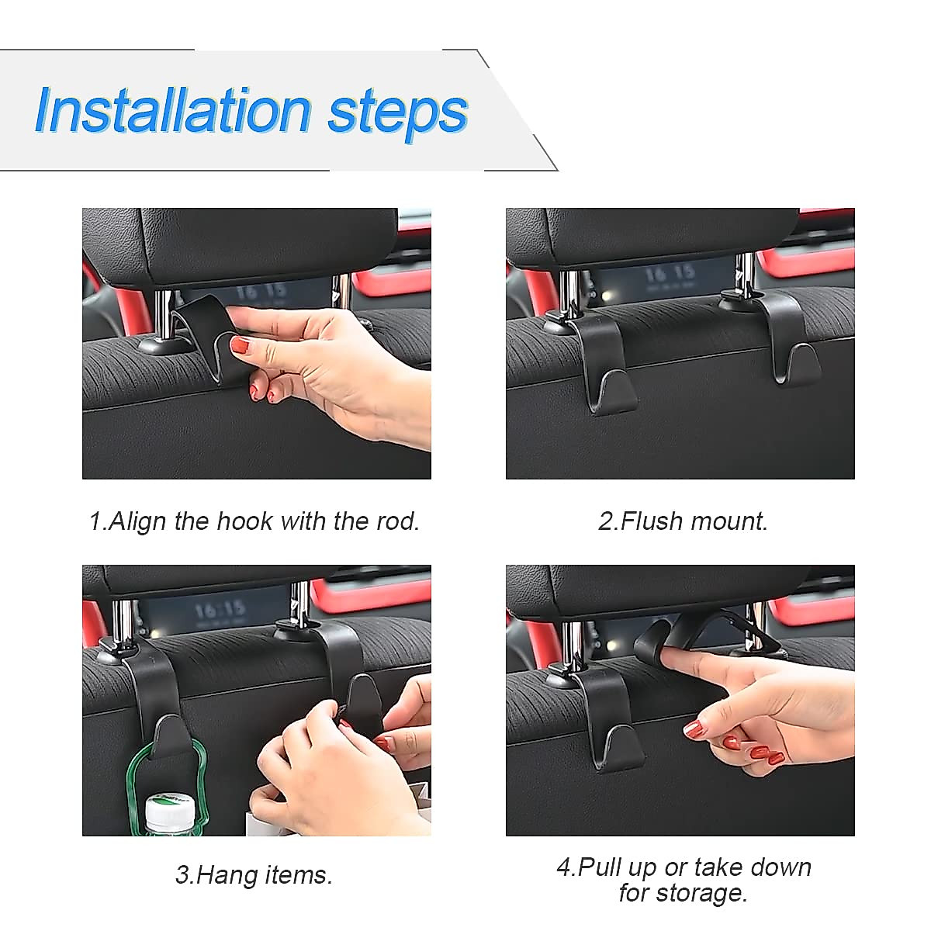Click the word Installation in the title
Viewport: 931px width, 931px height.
pyautogui.click(x=174, y=111)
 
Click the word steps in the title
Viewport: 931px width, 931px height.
pyautogui.click(x=398, y=115)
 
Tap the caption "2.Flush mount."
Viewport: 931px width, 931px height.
pyautogui.click(x=683, y=521)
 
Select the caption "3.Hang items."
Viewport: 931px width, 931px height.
pyautogui.click(x=254, y=875)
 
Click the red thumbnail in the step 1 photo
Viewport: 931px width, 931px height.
pyautogui.click(x=241, y=346)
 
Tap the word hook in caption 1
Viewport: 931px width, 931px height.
pyautogui.click(x=244, y=521)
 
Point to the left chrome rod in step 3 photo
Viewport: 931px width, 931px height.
pyautogui.click(x=123, y=623)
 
